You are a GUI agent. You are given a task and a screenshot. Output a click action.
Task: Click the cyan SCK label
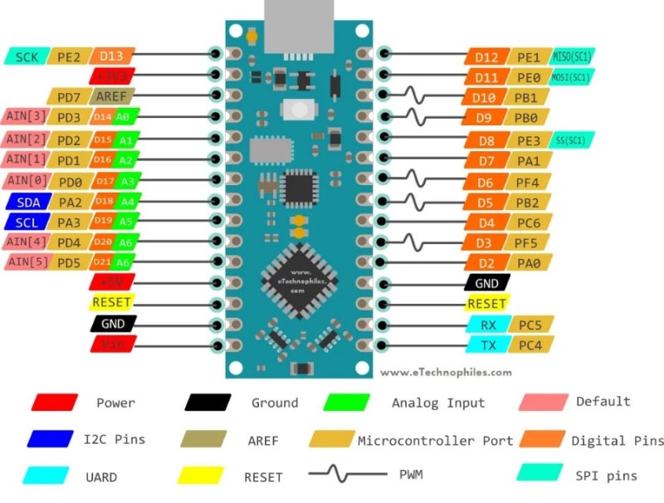27,56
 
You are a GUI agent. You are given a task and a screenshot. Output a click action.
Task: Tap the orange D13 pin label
111,56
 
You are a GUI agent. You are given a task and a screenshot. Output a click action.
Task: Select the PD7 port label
65,97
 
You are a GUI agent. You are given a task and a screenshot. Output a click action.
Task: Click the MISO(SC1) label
573,56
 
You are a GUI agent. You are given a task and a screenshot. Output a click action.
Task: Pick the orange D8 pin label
486,140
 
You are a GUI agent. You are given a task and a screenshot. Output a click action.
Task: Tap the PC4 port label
529,344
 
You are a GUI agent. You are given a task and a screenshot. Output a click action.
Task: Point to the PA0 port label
527,263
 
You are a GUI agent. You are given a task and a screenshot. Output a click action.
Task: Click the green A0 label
124,117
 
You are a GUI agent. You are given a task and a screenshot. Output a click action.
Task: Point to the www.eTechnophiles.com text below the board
446,373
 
